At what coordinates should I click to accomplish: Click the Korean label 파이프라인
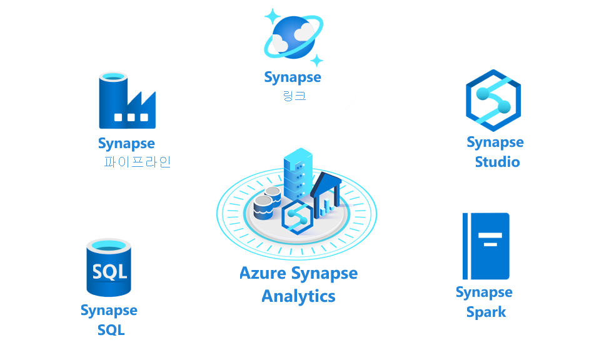click(x=137, y=162)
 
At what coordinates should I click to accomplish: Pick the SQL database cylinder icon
click(x=109, y=267)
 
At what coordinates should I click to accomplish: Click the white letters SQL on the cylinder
click(x=109, y=272)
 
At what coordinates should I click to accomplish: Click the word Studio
click(x=497, y=162)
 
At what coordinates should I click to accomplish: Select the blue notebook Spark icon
click(x=486, y=246)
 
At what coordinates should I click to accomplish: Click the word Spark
click(x=486, y=312)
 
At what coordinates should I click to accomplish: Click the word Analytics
click(x=298, y=296)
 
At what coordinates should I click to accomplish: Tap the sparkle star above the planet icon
click(x=273, y=17)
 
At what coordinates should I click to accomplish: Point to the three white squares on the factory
click(x=131, y=117)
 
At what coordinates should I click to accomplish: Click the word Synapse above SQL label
click(x=109, y=311)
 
